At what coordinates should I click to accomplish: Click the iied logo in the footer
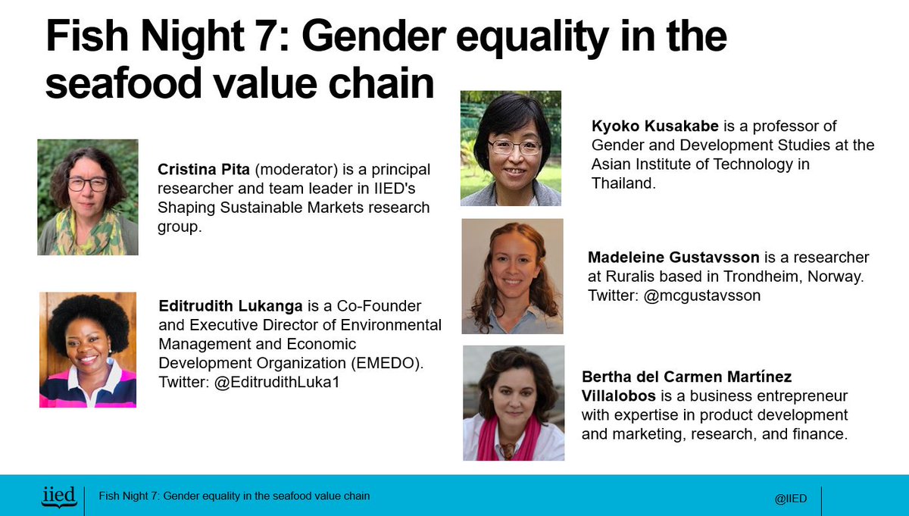[x=58, y=496]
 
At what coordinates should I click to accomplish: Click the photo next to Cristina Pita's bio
[x=88, y=197]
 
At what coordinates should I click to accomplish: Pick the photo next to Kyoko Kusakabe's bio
[x=511, y=149]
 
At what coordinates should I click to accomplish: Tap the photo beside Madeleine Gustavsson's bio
[x=512, y=277]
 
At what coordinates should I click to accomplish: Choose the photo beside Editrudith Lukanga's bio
[x=88, y=350]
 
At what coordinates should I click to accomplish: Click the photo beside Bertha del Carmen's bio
[x=514, y=403]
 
